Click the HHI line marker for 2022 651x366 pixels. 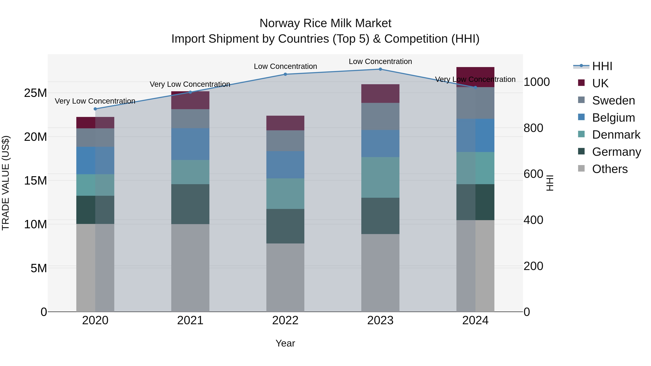285,74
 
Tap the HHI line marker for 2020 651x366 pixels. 95,109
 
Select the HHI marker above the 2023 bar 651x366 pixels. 380,69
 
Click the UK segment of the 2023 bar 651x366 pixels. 380,93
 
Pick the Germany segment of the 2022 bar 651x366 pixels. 285,226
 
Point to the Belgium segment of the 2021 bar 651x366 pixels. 190,144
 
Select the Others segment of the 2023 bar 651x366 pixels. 380,273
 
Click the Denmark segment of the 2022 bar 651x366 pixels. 285,194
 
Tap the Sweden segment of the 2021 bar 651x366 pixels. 190,119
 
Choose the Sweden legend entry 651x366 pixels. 613,100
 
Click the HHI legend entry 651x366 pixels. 602,66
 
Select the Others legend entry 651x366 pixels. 610,169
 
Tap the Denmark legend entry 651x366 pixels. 616,135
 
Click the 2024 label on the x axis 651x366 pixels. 475,320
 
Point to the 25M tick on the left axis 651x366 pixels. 35,93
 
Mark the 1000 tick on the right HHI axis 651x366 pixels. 537,82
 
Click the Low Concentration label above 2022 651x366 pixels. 285,67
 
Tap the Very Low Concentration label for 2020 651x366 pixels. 95,101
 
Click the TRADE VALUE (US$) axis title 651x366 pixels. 6,183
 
